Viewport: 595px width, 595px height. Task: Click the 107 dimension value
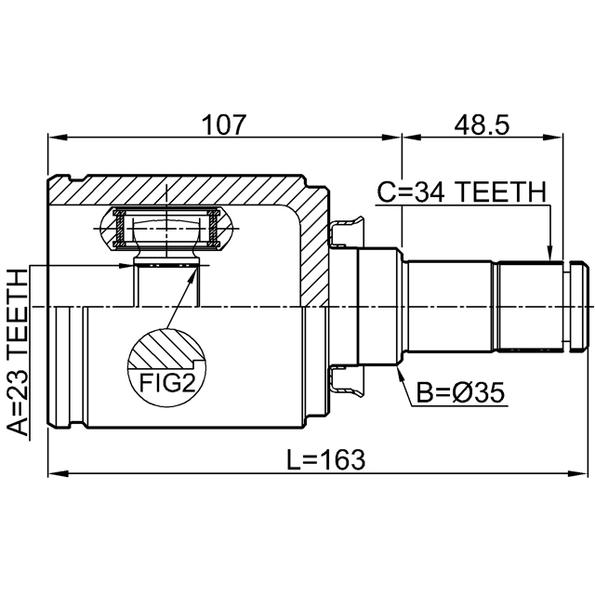point(224,125)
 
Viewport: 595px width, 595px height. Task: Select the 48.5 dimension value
point(482,125)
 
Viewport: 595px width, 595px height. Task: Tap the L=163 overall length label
point(325,459)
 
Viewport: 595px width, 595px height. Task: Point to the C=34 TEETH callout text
point(461,192)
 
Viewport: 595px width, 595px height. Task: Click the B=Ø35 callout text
point(461,392)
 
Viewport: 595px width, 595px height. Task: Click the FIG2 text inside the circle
point(167,383)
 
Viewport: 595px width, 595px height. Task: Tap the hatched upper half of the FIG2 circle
point(166,350)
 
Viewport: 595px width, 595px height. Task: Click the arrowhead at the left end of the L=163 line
point(58,473)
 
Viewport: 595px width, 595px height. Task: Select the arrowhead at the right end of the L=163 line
point(577,473)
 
